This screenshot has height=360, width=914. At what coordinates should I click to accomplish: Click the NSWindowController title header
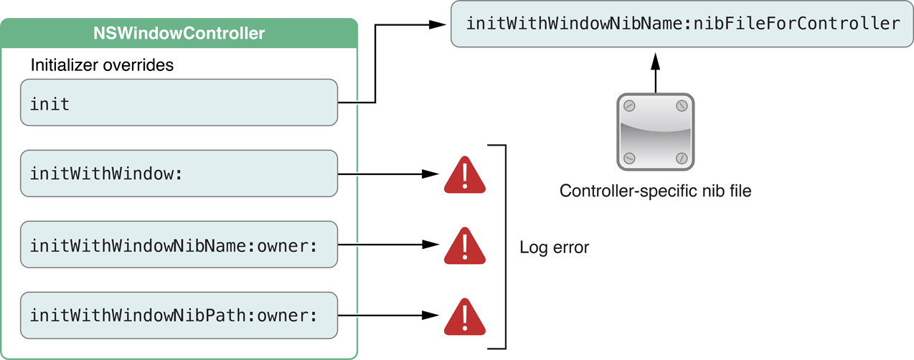pos(179,33)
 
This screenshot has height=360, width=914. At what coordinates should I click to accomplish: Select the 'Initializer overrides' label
pos(102,65)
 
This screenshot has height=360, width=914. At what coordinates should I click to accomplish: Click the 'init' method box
pos(179,103)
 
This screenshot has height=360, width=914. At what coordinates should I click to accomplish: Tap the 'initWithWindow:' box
pos(179,174)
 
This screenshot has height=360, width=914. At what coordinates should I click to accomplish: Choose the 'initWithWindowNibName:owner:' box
pos(179,245)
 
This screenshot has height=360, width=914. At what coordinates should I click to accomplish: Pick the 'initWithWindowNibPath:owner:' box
pos(179,315)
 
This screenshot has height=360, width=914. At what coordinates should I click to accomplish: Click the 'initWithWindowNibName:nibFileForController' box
pos(682,24)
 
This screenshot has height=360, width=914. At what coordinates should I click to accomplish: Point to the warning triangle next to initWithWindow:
pos(465,176)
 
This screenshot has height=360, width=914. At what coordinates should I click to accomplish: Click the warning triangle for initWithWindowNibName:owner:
pos(465,246)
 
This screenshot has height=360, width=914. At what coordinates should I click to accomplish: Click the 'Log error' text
pos(554,248)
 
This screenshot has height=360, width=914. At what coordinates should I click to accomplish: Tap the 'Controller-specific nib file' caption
pos(655,191)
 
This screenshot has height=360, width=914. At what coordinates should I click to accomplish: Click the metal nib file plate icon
pos(655,131)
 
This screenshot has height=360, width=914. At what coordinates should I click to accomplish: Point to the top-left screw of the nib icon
pos(628,106)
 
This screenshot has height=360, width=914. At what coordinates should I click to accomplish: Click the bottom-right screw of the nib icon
pos(682,158)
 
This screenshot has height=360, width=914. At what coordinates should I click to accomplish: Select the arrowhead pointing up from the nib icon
pos(655,64)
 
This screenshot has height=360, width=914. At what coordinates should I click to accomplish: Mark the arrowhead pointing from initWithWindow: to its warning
pos(430,174)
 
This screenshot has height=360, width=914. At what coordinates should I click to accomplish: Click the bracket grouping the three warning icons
pos(505,246)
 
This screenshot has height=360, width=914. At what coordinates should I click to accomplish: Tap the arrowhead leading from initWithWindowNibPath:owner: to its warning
pos(430,315)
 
